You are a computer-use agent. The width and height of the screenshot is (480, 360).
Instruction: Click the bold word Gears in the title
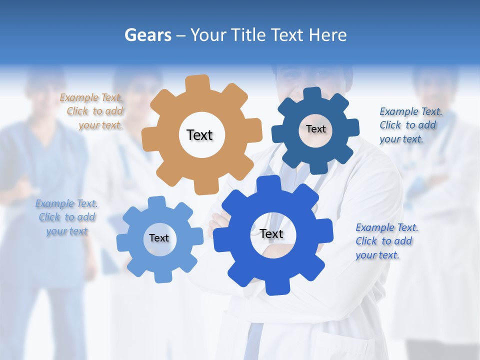[x=148, y=35]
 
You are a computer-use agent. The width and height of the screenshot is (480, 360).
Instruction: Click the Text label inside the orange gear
[x=199, y=135]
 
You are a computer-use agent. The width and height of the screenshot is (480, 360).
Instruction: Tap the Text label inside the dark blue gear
[x=315, y=129]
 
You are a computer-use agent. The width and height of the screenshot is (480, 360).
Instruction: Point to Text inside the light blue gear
[x=159, y=238]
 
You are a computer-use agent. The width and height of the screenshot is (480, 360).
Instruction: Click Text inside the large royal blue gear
[x=271, y=234]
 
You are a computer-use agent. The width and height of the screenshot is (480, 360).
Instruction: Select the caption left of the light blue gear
[x=66, y=217]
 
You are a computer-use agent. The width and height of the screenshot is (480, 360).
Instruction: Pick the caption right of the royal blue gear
[x=386, y=241]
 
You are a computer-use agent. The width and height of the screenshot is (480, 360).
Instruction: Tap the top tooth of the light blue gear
[x=156, y=202]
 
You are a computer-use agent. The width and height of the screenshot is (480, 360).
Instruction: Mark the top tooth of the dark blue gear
[x=312, y=93]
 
